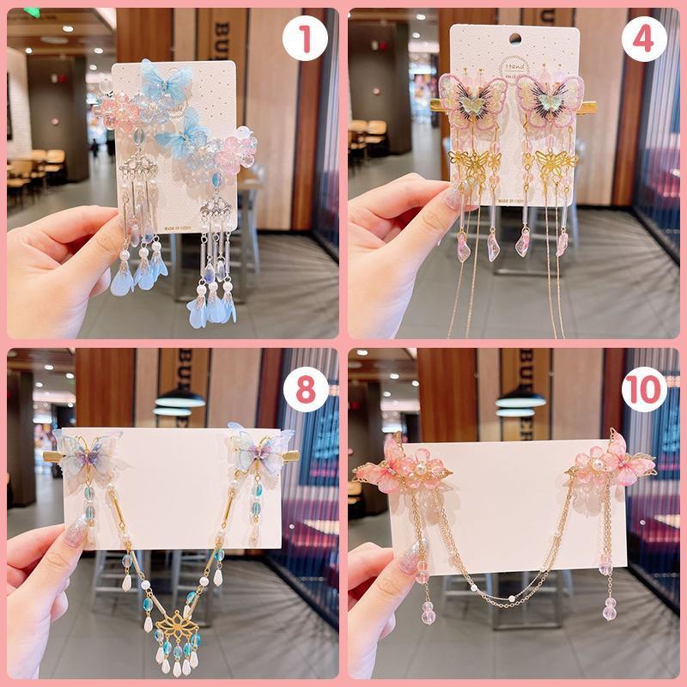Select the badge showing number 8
[x=305, y=389]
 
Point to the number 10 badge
[x=645, y=389]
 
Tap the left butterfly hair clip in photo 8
[x=87, y=451]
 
